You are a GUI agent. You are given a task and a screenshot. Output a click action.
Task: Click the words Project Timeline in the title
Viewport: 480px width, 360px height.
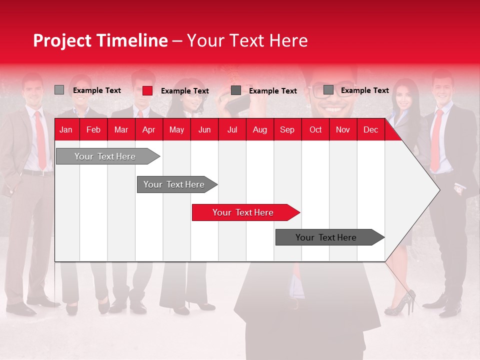point(100,40)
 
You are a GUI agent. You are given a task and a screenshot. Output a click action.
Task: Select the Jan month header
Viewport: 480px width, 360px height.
point(66,129)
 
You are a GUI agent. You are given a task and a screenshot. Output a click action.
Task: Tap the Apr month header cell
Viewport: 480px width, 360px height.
point(148,129)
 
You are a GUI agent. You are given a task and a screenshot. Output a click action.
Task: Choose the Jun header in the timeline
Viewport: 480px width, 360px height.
point(204,129)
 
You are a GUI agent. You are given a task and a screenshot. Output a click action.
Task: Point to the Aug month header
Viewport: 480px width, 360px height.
point(259,129)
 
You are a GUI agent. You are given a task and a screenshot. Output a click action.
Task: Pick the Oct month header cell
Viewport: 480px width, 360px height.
point(315,129)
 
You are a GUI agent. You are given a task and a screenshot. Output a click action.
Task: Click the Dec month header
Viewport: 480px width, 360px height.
point(370,129)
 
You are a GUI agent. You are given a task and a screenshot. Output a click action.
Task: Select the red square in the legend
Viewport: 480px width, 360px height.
point(147,90)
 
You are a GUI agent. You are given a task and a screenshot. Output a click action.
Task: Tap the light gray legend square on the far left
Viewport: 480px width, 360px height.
point(59,90)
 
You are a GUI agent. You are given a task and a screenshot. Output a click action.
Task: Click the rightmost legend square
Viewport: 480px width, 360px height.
point(328,90)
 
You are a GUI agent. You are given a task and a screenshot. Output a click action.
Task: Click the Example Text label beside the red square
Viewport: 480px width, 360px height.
point(184,91)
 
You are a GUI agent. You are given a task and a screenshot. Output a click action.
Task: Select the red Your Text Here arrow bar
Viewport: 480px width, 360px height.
point(243,212)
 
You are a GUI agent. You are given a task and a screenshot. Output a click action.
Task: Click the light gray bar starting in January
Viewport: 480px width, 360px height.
point(105,156)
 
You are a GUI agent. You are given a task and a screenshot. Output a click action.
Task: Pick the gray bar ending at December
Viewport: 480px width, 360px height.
point(326,237)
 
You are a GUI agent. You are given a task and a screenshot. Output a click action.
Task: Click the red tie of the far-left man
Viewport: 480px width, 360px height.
point(40,140)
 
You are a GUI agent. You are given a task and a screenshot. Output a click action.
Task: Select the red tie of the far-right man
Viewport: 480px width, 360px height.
point(436,140)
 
